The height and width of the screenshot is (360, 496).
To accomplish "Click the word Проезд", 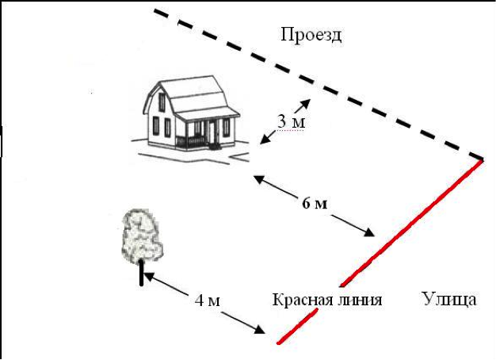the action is click(311, 35).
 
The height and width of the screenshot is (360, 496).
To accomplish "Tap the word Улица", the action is click(449, 298).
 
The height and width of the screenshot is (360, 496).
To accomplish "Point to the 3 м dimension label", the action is click(291, 121).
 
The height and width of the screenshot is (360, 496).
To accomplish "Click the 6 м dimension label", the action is click(315, 204).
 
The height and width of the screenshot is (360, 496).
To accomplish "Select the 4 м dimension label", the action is click(207, 301).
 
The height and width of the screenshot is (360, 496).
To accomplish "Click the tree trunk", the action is click(141, 274).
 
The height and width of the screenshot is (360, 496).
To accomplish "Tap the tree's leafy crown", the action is click(142, 236).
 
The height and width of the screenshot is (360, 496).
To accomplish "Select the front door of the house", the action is click(212, 132).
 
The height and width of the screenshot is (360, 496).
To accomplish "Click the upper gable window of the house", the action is click(162, 102).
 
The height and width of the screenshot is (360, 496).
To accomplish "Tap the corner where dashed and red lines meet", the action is click(483, 159).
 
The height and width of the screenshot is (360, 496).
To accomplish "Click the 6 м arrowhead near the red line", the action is click(369, 232).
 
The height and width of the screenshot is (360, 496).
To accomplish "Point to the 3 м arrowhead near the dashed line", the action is click(306, 103).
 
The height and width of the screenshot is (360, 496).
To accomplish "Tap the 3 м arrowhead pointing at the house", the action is click(265, 140).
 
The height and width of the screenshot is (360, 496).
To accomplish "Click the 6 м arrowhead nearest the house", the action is click(260, 179).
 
